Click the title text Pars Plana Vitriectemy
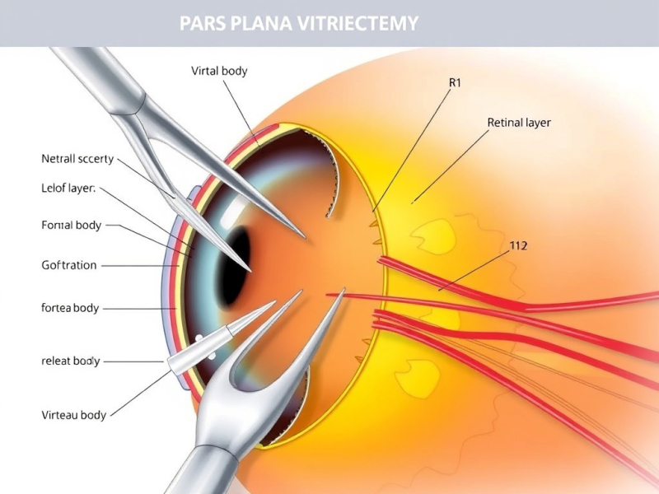[x=298, y=23]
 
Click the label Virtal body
[x=219, y=71]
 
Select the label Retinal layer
[x=519, y=123]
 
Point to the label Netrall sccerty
[x=77, y=159]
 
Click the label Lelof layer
[x=68, y=189]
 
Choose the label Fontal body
[x=71, y=225]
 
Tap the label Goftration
[x=69, y=265]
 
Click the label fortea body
[x=70, y=308]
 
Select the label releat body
[x=70, y=361]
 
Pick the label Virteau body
[x=73, y=415]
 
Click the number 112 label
[x=518, y=245]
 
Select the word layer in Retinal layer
[x=535, y=123]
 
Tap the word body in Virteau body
[x=92, y=415]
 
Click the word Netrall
[x=60, y=159]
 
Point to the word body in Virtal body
[x=234, y=71]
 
